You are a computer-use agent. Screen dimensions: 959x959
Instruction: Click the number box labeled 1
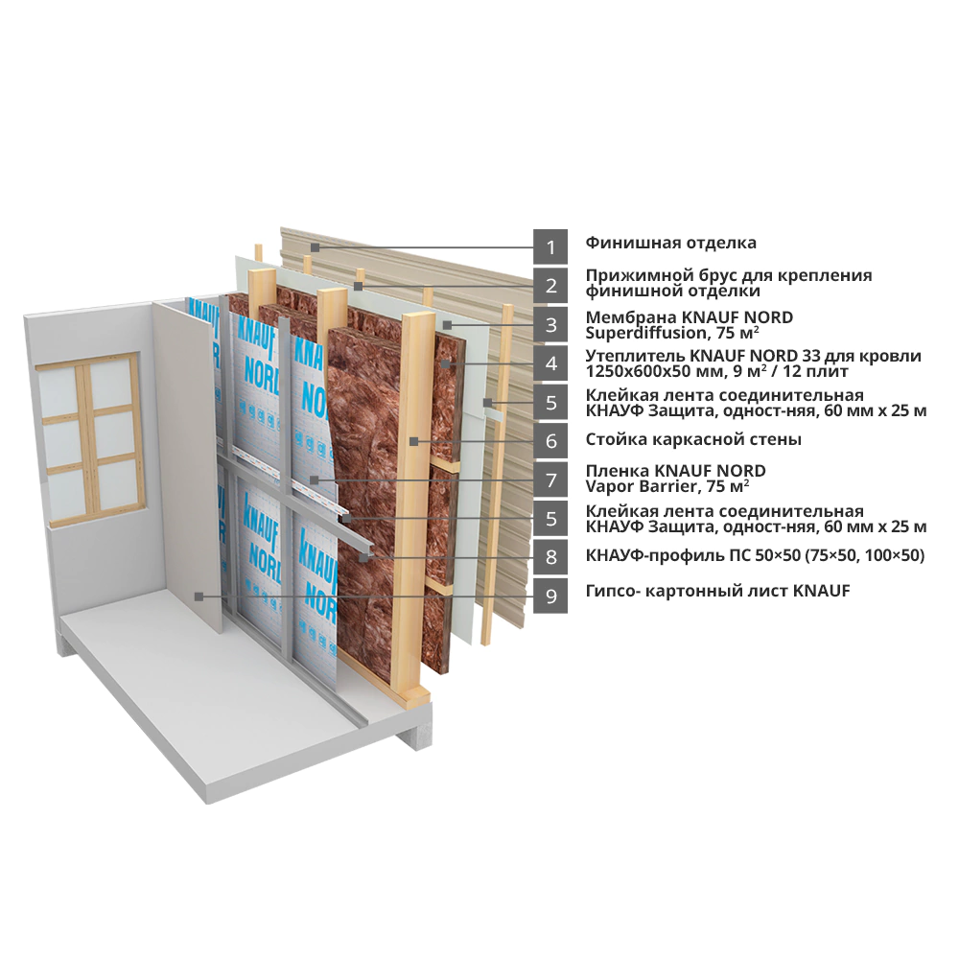[550, 247]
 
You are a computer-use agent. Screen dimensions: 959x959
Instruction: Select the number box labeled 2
[550, 286]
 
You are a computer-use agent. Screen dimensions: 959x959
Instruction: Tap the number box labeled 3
[550, 325]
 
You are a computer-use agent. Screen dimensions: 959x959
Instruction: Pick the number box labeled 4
[550, 363]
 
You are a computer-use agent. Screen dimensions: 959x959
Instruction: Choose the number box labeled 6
[550, 441]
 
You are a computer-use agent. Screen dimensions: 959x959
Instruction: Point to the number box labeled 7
[550, 480]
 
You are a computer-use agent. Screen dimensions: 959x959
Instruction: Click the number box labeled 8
[550, 557]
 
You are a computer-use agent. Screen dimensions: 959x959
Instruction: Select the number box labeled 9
[550, 596]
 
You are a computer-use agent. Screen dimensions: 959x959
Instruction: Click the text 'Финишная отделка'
[671, 243]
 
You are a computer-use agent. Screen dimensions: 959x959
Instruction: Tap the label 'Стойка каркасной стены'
[693, 439]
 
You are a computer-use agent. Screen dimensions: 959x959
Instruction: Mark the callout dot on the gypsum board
[197, 596]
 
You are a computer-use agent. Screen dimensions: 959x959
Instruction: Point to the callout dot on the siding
[314, 247]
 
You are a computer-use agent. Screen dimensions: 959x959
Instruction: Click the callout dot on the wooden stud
[414, 441]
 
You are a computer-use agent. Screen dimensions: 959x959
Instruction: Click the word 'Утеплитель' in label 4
[635, 356]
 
